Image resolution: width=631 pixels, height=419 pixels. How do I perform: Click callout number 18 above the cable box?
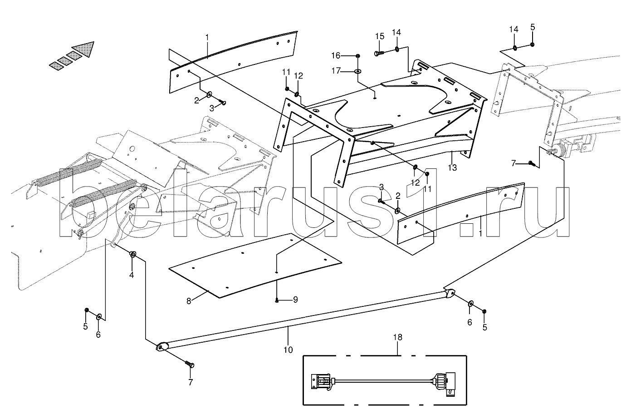coord(398,338)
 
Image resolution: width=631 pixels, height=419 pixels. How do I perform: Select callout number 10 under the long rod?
coord(288,350)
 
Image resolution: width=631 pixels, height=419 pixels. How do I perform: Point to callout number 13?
coord(452,167)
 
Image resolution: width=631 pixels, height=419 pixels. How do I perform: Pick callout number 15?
coord(380,36)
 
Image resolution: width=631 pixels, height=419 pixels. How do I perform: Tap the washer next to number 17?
coord(358,71)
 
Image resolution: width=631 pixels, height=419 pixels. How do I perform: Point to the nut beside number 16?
coord(358,56)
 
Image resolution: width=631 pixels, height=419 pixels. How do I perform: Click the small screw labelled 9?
coord(277,299)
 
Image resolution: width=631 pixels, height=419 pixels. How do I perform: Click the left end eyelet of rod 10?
coord(161,347)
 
